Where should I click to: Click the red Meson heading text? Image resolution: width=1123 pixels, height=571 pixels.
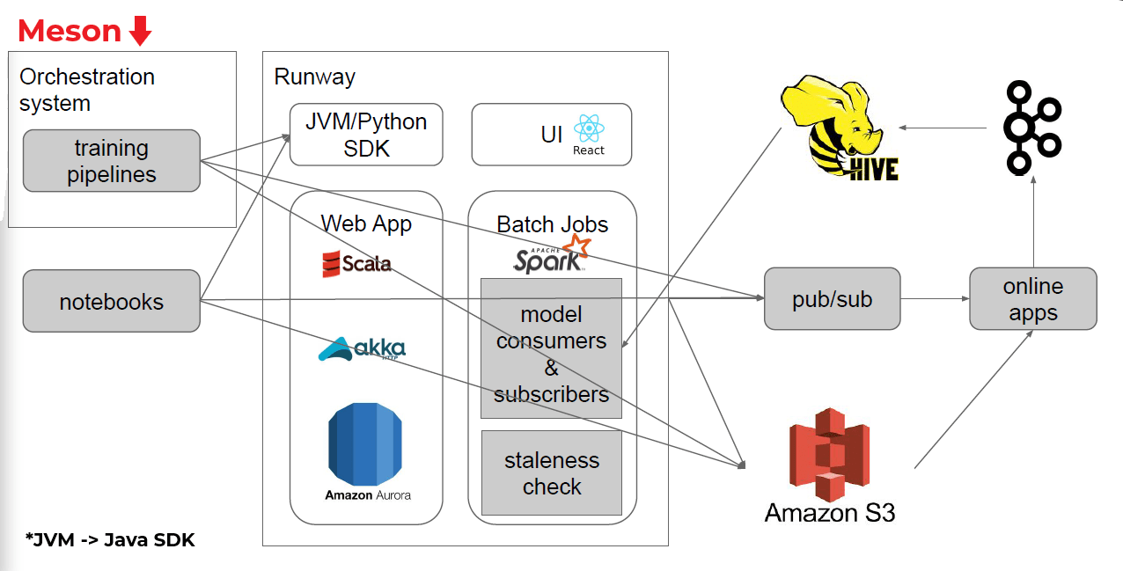[69, 31]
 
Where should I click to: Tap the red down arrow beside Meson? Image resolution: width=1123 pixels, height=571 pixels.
[140, 32]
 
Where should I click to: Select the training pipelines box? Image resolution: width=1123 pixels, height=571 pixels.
[112, 161]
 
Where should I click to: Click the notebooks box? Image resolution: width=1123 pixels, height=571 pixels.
[112, 301]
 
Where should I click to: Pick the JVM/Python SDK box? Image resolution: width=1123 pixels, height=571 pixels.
[366, 135]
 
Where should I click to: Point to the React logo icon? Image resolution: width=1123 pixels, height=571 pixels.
[589, 130]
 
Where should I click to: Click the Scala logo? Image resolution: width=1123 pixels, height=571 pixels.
[356, 263]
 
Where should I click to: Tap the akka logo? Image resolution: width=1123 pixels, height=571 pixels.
[362, 350]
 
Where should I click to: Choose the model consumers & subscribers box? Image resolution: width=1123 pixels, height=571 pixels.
[551, 348]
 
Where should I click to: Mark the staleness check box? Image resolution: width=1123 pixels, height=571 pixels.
[551, 472]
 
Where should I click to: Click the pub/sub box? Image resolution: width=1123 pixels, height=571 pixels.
[832, 299]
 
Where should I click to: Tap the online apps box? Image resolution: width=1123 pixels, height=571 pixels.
[1032, 299]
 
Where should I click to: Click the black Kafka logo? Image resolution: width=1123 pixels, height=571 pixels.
[1033, 127]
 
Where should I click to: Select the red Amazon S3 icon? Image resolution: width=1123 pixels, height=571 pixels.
[829, 454]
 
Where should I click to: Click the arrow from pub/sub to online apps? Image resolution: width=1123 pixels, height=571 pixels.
[935, 299]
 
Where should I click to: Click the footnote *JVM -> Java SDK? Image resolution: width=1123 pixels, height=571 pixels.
[110, 540]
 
